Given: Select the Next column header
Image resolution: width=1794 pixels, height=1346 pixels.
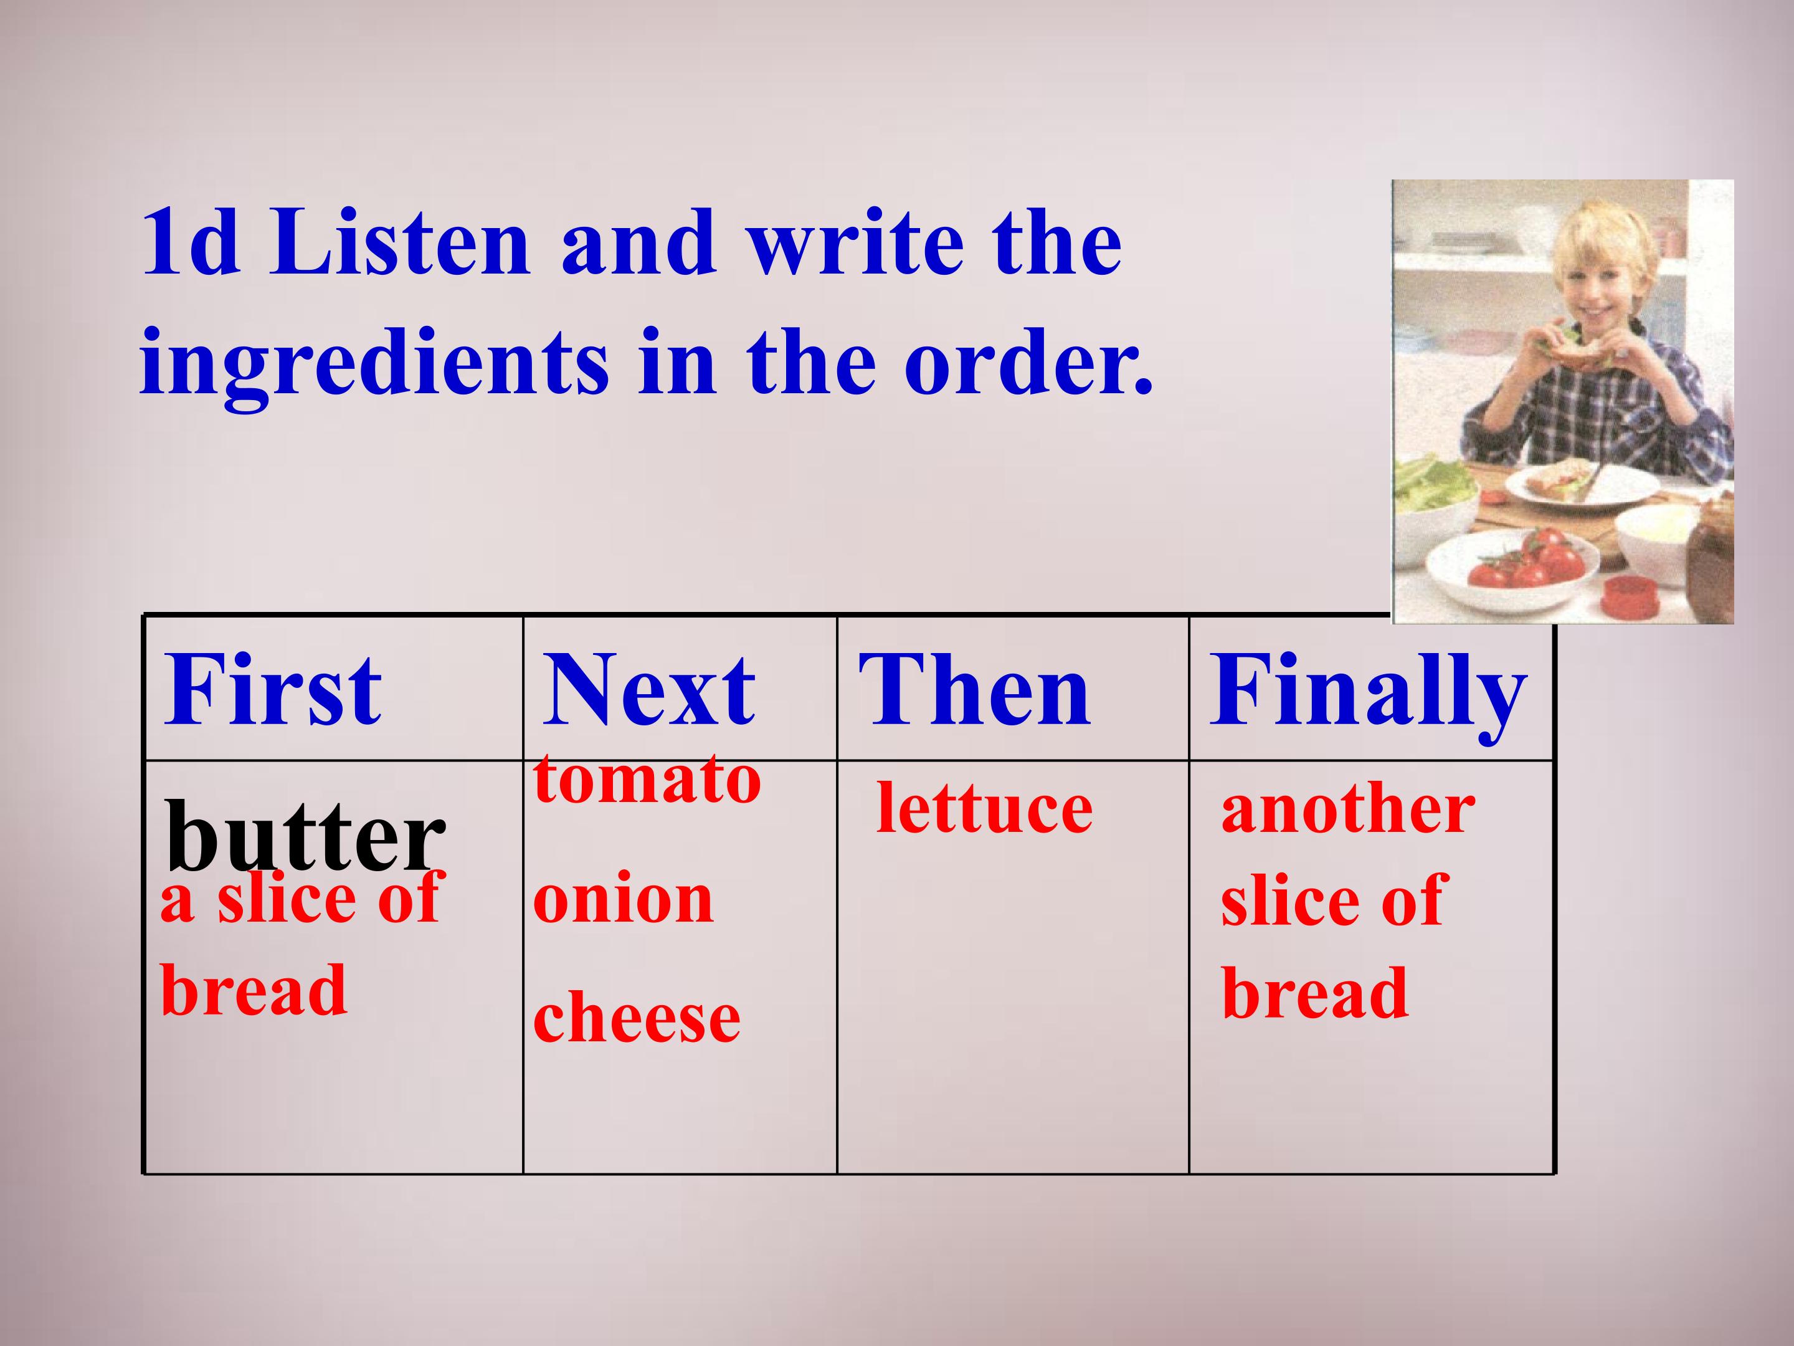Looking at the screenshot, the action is point(649,690).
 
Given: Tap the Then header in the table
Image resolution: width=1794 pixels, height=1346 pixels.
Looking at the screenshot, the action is point(974,690).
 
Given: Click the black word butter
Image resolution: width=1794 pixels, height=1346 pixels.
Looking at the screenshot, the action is point(306,835).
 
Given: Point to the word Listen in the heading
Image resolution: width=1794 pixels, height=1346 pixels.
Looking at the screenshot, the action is point(400,242).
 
